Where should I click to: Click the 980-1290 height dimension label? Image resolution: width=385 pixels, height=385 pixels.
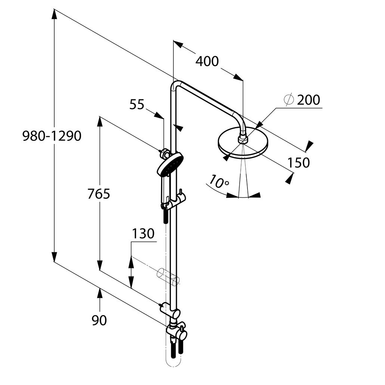click(x=52, y=136)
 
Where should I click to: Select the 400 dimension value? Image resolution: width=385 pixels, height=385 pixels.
click(x=207, y=61)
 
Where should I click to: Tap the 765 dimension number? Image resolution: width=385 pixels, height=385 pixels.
click(x=99, y=194)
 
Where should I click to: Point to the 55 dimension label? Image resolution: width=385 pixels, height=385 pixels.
click(x=137, y=105)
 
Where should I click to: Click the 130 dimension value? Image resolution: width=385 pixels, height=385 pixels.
click(x=143, y=234)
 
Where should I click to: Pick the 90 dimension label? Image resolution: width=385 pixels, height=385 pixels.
click(x=99, y=320)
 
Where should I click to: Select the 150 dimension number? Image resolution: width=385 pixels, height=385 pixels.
click(x=298, y=163)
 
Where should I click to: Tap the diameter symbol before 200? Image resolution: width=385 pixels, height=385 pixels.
click(x=289, y=100)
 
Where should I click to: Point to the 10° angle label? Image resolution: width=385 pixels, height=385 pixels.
click(x=219, y=182)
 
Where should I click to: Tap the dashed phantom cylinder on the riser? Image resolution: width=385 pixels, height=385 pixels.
click(x=168, y=277)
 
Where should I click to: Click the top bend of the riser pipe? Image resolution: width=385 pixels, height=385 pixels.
click(x=177, y=85)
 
